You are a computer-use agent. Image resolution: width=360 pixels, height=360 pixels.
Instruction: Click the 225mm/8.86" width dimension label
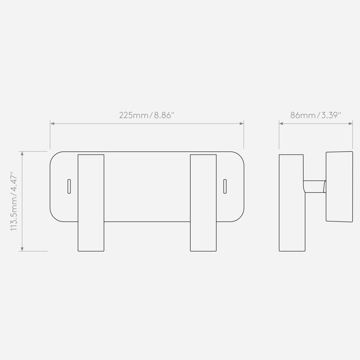(x=147, y=115)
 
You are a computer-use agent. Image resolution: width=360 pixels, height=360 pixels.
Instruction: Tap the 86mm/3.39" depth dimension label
(x=316, y=115)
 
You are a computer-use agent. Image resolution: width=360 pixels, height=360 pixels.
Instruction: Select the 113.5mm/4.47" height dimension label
(x=14, y=201)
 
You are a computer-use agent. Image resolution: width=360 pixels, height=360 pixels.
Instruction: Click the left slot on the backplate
(x=69, y=186)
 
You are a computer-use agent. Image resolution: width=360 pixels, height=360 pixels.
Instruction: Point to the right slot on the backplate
(x=225, y=186)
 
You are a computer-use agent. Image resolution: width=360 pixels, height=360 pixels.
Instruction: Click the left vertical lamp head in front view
(x=91, y=203)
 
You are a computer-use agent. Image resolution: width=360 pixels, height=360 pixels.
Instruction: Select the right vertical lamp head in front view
(x=203, y=203)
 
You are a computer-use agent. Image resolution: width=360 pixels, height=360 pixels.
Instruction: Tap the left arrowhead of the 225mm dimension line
(x=52, y=123)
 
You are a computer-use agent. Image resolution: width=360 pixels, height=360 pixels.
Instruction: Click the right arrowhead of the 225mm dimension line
(x=242, y=123)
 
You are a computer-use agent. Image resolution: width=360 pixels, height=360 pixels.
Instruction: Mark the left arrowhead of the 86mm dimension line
(x=281, y=123)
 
